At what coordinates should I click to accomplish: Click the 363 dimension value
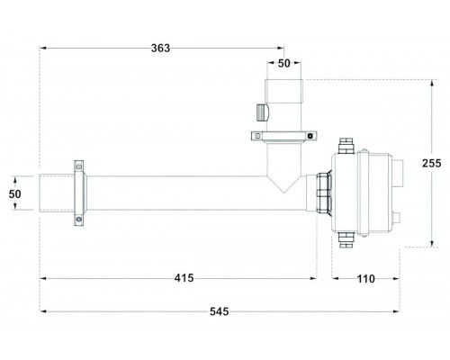[160, 48]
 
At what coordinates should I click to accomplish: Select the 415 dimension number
[184, 278]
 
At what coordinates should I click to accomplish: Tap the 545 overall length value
[220, 311]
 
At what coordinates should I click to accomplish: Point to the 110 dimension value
[366, 279]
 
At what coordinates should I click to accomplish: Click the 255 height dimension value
[432, 163]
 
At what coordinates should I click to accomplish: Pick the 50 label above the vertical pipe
[284, 63]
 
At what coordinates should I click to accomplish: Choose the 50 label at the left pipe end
[14, 194]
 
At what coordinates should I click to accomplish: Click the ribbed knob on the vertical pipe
[262, 112]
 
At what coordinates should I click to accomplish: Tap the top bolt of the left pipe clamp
[79, 166]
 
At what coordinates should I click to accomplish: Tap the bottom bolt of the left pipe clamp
[79, 220]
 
